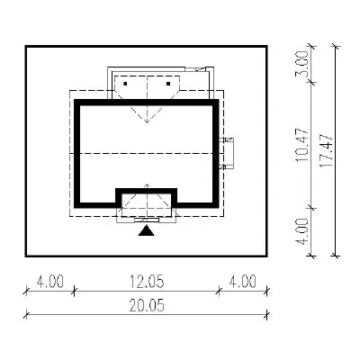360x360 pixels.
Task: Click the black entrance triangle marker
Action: tap(146, 231)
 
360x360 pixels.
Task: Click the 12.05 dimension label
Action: tap(147, 282)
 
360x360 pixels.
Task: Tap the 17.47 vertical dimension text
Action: tap(327, 151)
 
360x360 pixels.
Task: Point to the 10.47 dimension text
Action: tap(301, 145)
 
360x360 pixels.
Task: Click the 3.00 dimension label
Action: tap(301, 64)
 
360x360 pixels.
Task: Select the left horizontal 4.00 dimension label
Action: tap(50, 282)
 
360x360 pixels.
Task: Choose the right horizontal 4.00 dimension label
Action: tap(243, 282)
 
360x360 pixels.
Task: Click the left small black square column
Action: tap(125, 84)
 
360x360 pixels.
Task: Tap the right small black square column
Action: tap(168, 84)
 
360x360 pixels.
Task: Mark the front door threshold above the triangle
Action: tap(147, 220)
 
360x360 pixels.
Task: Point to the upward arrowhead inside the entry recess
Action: tap(147, 185)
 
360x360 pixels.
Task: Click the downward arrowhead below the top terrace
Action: tap(147, 121)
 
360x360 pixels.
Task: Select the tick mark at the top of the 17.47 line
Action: tap(335, 47)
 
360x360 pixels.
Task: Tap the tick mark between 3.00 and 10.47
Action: tap(312, 82)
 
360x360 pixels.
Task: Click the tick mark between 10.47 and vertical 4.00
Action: tap(312, 207)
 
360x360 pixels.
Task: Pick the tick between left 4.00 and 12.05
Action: tap(74, 291)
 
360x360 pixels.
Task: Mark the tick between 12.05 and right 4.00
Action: tap(219, 291)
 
